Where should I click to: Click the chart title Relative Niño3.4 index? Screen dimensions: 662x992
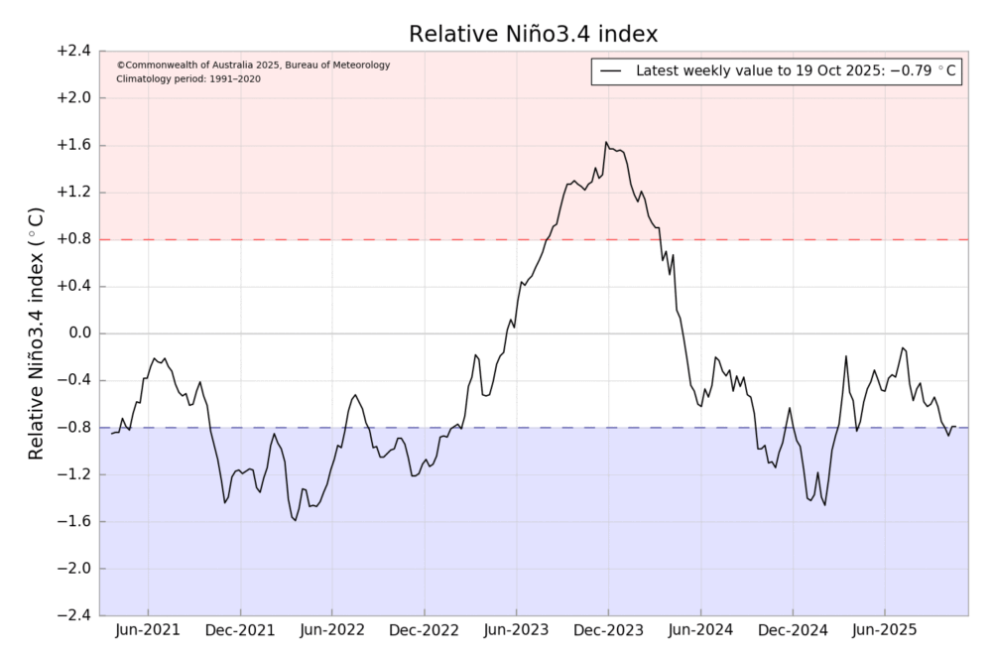pos(534,35)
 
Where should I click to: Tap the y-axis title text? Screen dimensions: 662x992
pos(36,333)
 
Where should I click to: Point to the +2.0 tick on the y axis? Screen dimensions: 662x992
pos(72,98)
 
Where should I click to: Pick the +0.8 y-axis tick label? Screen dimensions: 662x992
pos(72,239)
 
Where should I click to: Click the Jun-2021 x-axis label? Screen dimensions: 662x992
pos(148,630)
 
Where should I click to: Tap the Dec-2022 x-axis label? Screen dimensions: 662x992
pos(424,630)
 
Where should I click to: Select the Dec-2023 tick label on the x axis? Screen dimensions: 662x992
pos(608,630)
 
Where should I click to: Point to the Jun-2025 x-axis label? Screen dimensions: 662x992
pos(884,630)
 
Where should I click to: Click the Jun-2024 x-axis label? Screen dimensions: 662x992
pos(700,630)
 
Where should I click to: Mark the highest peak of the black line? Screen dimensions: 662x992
pos(606,142)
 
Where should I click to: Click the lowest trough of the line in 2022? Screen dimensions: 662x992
pos(295,520)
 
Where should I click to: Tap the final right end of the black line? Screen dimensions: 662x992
pos(955,427)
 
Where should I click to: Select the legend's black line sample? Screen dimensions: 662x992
pos(611,71)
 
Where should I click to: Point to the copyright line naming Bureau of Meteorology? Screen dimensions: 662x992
pos(253,65)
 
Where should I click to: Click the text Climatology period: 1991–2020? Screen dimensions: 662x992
pos(188,78)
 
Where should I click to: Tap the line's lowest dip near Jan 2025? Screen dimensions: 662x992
pos(824,504)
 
